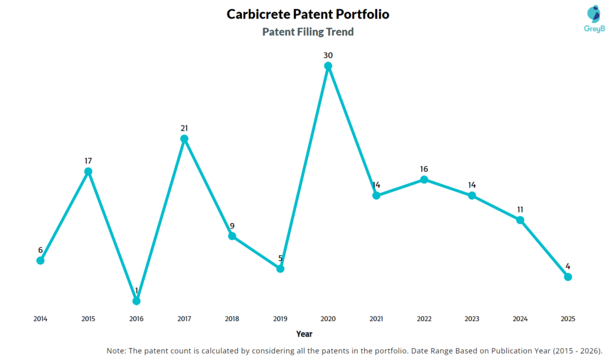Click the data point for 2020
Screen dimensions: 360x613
coord(328,66)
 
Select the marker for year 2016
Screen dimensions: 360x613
coord(136,301)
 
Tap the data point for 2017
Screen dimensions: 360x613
coord(184,139)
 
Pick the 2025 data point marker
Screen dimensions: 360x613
coord(568,277)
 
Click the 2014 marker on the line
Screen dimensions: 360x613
coord(40,261)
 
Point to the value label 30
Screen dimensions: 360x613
coord(328,55)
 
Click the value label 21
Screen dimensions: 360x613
coord(184,128)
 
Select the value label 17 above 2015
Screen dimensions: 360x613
coord(88,161)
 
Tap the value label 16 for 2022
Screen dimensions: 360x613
coord(424,169)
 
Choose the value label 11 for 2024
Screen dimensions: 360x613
coord(520,209)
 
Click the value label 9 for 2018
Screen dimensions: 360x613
coord(232,226)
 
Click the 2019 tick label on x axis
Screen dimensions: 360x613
coord(280,319)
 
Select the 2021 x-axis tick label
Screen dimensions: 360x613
coord(376,319)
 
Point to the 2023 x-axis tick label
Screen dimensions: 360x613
coord(472,319)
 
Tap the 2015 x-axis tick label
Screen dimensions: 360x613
coord(88,319)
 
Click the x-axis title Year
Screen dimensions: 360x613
coord(304,334)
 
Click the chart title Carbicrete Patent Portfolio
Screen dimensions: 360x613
coord(308,14)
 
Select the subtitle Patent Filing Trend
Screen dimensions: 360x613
coord(308,32)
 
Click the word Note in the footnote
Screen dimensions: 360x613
coord(117,350)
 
